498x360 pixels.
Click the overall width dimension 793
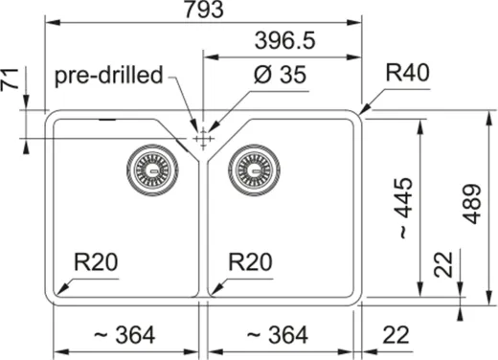pyautogui.click(x=202, y=11)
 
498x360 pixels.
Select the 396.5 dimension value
pyautogui.click(x=284, y=41)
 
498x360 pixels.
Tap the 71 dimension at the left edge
pyautogui.click(x=11, y=84)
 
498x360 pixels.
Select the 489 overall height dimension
pyautogui.click(x=472, y=203)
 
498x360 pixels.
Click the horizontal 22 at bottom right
pyautogui.click(x=395, y=334)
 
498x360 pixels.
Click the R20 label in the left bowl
pyautogui.click(x=98, y=263)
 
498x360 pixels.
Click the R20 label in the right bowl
pyautogui.click(x=251, y=263)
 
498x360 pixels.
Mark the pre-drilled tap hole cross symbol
pyautogui.click(x=202, y=140)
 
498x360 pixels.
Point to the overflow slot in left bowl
pyautogui.click(x=107, y=121)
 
